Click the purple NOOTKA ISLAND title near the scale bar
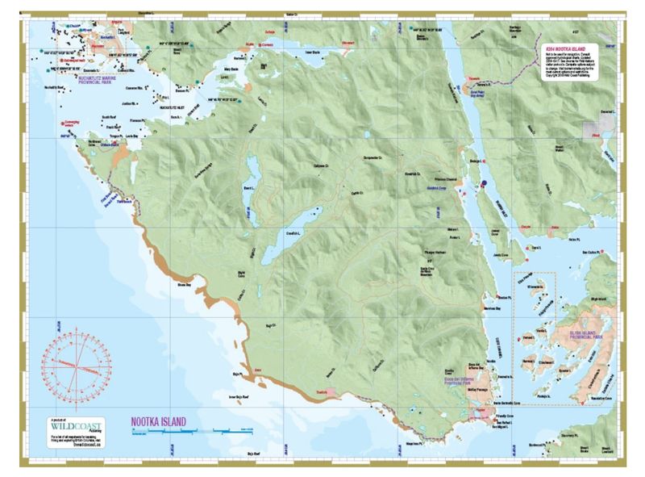[159, 421]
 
